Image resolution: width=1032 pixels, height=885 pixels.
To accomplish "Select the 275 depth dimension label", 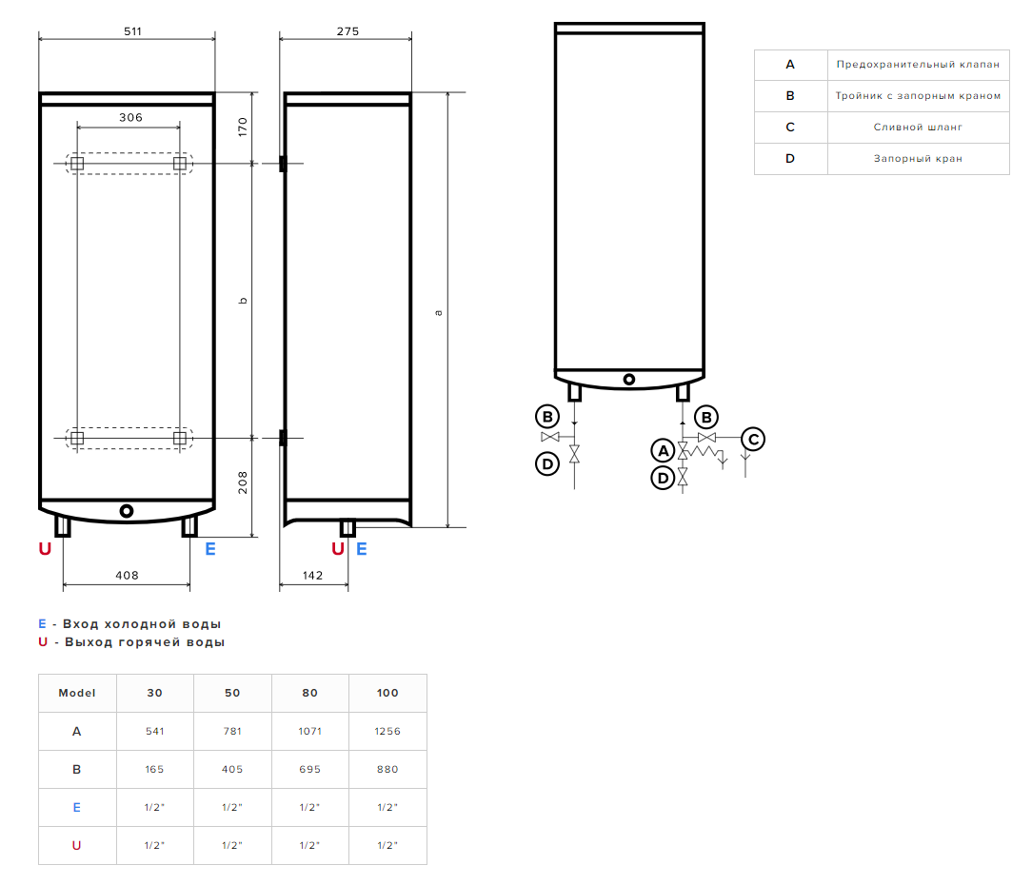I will click(x=347, y=31).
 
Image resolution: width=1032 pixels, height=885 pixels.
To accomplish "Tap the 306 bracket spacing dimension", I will click(x=130, y=117).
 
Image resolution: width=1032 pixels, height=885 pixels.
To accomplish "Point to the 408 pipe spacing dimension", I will click(x=127, y=575).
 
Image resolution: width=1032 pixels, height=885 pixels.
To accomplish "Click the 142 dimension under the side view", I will click(x=312, y=575).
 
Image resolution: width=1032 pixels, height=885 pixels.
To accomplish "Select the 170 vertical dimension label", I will click(x=242, y=128).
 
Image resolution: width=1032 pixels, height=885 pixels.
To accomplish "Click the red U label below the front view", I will click(x=45, y=549).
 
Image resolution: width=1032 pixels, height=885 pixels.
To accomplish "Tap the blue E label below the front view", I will click(x=210, y=549).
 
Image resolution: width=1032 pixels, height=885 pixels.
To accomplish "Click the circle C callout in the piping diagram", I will click(x=753, y=439).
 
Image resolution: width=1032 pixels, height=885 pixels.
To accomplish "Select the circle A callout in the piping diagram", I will click(x=663, y=450).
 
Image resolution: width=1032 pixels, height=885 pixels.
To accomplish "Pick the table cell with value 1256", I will click(x=387, y=731).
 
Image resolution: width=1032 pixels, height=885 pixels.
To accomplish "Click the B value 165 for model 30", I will click(x=154, y=769).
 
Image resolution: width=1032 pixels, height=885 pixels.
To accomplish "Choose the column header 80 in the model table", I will click(x=309, y=693).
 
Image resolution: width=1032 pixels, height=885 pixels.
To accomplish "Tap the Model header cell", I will click(x=77, y=693).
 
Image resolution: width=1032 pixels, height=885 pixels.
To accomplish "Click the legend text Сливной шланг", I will click(x=918, y=127).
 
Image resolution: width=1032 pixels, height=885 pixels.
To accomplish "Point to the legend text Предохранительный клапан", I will click(x=918, y=65).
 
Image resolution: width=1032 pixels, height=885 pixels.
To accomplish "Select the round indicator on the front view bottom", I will click(x=127, y=511).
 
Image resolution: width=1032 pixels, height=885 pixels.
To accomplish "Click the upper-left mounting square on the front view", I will click(x=77, y=164).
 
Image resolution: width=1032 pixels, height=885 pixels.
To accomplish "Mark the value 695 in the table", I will click(x=309, y=769).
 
